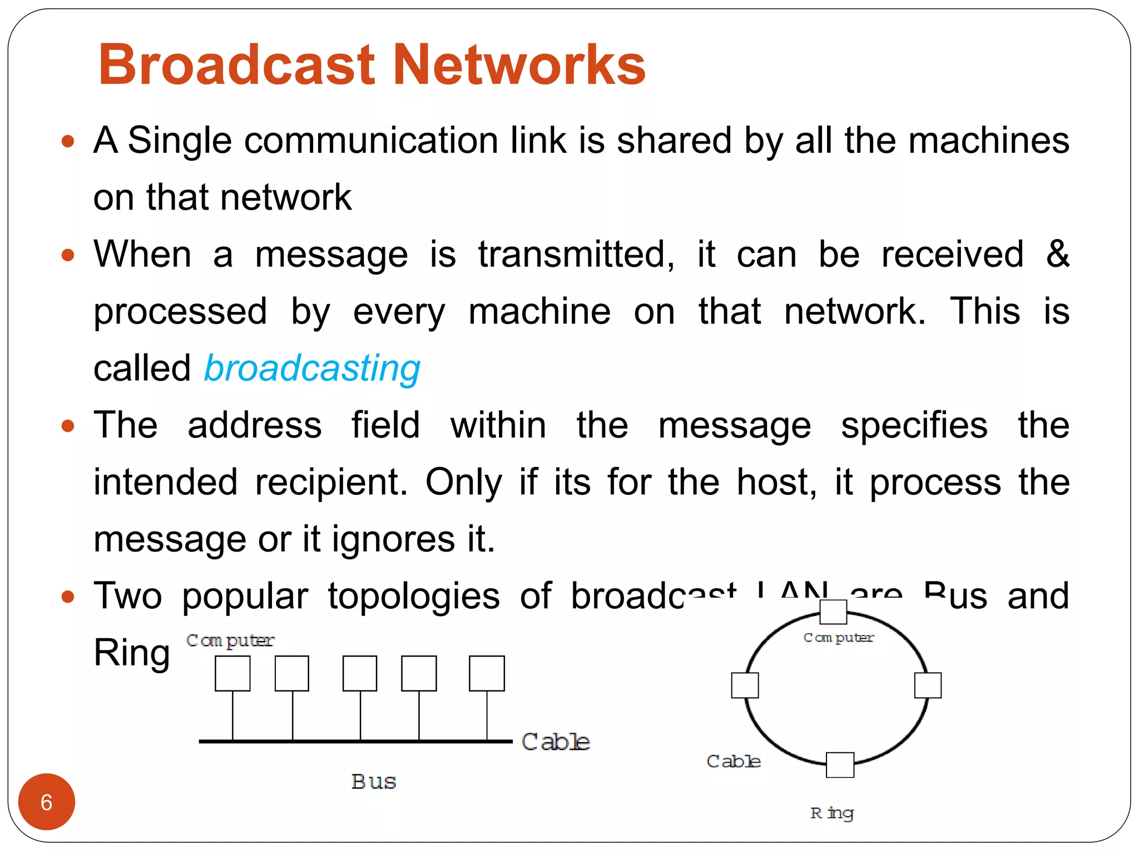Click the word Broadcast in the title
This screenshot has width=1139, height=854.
click(237, 66)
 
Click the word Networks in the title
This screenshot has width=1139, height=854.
click(519, 66)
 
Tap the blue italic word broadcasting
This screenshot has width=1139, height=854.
click(312, 369)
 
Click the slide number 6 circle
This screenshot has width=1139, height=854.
click(47, 802)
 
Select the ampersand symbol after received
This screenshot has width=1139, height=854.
click(1057, 254)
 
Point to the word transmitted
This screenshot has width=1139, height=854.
click(576, 255)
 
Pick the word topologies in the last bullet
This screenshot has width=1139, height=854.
click(414, 596)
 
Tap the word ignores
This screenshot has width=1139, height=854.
click(393, 539)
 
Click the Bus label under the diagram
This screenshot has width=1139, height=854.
click(374, 782)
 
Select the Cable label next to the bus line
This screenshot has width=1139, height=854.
click(555, 742)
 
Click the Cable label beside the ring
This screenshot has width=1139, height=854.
click(734, 761)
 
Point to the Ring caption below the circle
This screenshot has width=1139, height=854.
click(831, 813)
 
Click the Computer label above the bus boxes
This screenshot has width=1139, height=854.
click(230, 640)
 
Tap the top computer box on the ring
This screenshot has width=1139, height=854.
click(833, 612)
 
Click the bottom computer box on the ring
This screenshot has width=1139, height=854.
click(840, 765)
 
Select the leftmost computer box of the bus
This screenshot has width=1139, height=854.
click(232, 673)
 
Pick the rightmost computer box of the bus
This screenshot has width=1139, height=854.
click(487, 673)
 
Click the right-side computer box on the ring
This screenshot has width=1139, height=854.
click(928, 685)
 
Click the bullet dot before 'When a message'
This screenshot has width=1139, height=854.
click(68, 255)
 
